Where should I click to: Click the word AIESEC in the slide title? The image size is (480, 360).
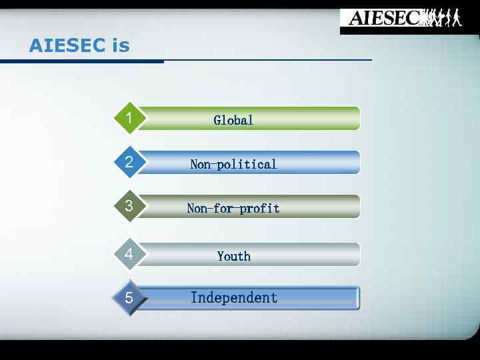(x=67, y=46)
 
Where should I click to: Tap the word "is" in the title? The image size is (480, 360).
(x=121, y=46)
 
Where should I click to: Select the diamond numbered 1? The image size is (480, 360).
(x=129, y=119)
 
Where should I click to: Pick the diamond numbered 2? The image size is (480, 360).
(x=129, y=162)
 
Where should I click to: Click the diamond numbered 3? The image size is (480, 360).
(x=129, y=206)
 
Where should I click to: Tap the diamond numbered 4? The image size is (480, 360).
(x=129, y=254)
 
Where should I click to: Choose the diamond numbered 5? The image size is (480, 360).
(x=129, y=298)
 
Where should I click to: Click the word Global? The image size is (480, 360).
(x=233, y=120)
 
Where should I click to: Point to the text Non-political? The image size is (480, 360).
(x=233, y=164)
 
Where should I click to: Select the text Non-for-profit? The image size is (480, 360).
(x=233, y=208)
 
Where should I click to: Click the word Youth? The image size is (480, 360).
(x=234, y=256)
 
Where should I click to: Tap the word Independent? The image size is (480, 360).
(x=234, y=298)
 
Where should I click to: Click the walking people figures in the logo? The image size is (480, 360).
(x=443, y=18)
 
